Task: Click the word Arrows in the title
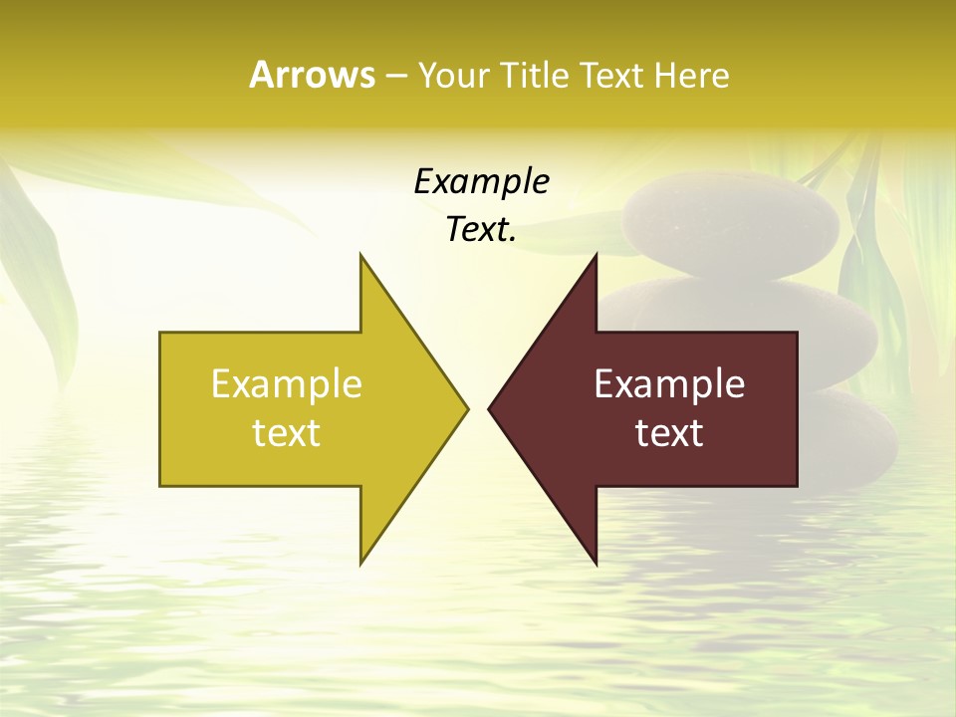(x=312, y=75)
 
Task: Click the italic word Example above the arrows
(x=481, y=181)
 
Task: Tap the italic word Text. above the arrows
(x=481, y=230)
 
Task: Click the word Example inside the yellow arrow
(x=287, y=384)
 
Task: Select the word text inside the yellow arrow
(x=287, y=433)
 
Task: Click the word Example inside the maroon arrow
(x=669, y=384)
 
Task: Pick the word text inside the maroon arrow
(x=669, y=433)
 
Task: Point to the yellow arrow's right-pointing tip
(x=466, y=408)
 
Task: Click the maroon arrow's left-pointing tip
(x=490, y=408)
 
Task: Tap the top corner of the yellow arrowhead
(x=361, y=256)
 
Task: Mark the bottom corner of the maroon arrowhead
(x=596, y=563)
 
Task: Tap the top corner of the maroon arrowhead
(x=596, y=256)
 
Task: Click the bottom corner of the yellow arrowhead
(x=361, y=563)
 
